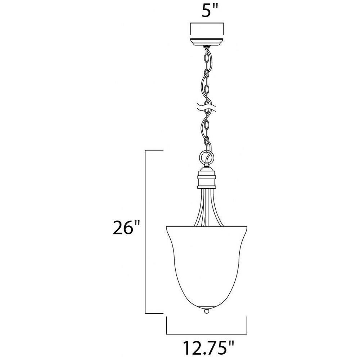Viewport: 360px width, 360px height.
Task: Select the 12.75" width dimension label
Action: tap(208, 348)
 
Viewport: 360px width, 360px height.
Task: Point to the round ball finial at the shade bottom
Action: tap(207, 311)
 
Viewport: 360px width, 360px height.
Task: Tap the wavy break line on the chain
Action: tap(207, 108)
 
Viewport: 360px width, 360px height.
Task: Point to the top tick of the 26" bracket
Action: tap(154, 150)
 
